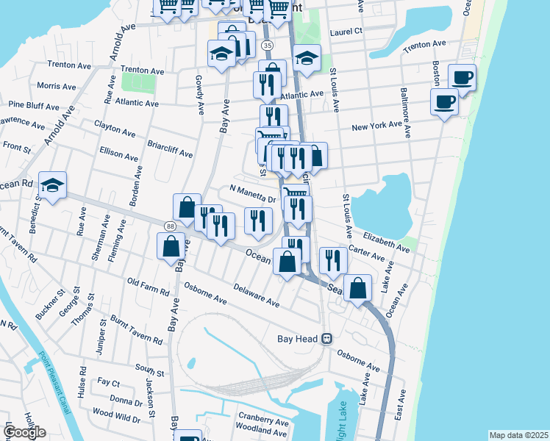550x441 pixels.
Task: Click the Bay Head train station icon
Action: click(x=327, y=339)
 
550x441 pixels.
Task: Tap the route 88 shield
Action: click(x=170, y=226)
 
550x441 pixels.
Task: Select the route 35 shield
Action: click(x=267, y=46)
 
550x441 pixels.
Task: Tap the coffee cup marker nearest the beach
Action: click(x=462, y=78)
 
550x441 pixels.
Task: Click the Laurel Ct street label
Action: click(x=347, y=32)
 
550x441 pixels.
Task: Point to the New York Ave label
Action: click(x=376, y=127)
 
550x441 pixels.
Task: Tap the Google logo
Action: click(x=24, y=432)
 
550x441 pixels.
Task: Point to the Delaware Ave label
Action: click(x=257, y=296)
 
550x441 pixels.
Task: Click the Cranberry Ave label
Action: click(x=262, y=423)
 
